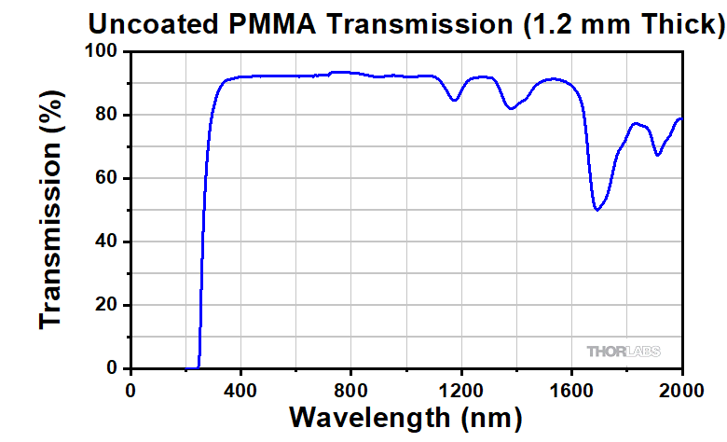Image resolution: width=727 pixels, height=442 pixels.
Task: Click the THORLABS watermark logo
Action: (x=624, y=352)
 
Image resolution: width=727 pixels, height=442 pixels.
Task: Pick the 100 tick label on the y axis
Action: (x=103, y=52)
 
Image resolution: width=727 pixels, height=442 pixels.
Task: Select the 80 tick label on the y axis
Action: (x=107, y=116)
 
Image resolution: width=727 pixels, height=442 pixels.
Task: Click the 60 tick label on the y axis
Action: (x=107, y=179)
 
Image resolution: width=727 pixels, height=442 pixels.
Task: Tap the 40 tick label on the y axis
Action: (x=107, y=242)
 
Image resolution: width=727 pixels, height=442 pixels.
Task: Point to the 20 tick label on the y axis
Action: (x=107, y=306)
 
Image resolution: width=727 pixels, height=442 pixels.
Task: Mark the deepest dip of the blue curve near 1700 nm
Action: (x=597, y=210)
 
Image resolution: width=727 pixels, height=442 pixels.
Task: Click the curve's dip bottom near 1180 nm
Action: (x=454, y=100)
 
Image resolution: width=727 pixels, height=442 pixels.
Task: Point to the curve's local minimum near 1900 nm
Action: (x=657, y=155)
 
